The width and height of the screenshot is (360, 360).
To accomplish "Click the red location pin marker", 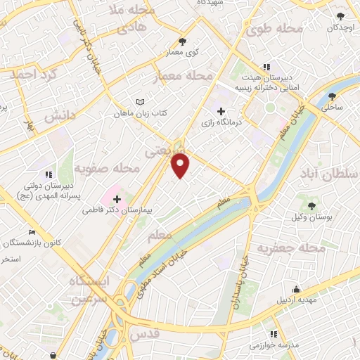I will (181, 165).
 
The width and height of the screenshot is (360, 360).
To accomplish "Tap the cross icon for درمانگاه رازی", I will (221, 111).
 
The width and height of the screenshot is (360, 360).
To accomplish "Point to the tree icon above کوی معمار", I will (184, 41).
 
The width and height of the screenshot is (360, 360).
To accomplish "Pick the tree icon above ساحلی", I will (331, 98).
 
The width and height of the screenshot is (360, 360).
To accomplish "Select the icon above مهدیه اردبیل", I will (297, 289).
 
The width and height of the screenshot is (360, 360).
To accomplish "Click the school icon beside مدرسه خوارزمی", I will (273, 333).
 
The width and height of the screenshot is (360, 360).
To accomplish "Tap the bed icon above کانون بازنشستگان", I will (31, 232).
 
